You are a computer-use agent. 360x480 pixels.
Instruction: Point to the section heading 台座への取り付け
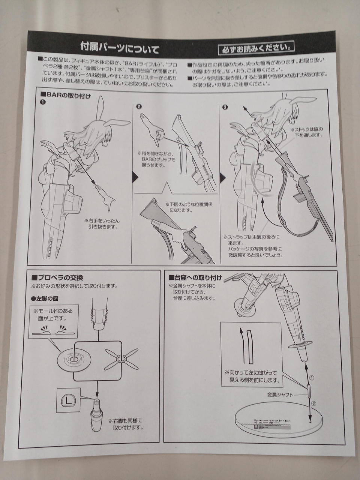(195, 278)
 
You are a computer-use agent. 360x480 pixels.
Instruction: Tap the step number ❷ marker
(139, 106)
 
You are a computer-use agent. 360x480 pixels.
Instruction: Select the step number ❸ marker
(225, 107)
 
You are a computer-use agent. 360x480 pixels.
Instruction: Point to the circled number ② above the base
(314, 404)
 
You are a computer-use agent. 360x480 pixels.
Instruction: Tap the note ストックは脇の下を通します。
(306, 132)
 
